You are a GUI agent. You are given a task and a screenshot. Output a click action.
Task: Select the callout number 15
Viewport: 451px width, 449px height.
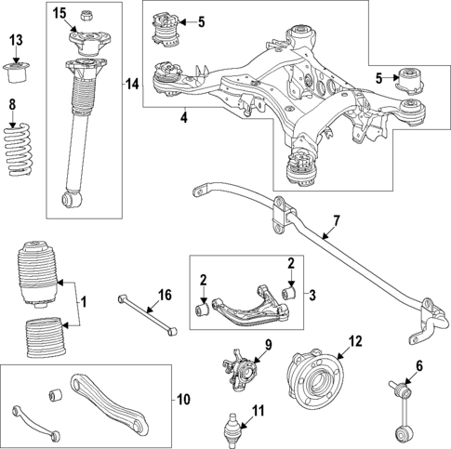pyautogui.click(x=60, y=13)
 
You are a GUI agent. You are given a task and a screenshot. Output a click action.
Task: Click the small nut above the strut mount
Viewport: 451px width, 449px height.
pyautogui.click(x=86, y=15)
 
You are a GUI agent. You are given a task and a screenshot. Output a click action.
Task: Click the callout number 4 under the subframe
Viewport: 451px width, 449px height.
pyautogui.click(x=183, y=118)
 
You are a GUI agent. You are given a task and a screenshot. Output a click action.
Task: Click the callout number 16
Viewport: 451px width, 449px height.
pyautogui.click(x=164, y=296)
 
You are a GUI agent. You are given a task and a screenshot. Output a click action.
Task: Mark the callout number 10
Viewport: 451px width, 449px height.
pyautogui.click(x=182, y=400)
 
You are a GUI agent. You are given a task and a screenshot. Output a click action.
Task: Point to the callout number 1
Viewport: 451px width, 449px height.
pyautogui.click(x=82, y=302)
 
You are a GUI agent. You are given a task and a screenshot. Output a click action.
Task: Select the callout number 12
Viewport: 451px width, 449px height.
pyautogui.click(x=353, y=341)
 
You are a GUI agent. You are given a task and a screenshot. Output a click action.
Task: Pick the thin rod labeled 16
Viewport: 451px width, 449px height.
pyautogui.click(x=145, y=314)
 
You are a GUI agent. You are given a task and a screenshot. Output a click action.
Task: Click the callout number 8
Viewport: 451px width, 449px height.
pyautogui.click(x=11, y=103)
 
